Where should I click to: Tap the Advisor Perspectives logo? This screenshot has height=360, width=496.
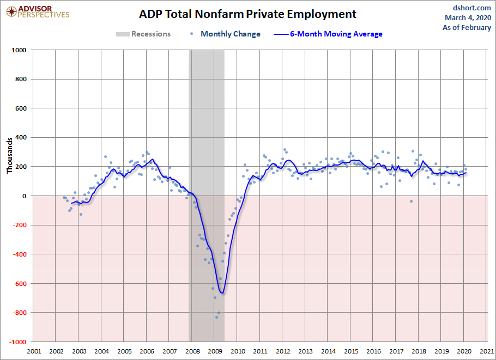38,11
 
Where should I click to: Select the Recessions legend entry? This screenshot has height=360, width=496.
143,34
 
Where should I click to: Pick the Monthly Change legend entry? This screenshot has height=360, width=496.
226,34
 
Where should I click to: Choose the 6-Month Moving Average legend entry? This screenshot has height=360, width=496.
330,34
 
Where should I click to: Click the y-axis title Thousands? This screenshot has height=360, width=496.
10,155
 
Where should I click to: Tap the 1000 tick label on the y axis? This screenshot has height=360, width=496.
19,50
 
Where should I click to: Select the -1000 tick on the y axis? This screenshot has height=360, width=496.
17,341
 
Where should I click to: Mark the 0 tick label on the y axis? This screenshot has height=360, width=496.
25,196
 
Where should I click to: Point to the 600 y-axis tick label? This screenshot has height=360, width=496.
21,108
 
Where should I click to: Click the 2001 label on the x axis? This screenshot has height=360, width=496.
33,351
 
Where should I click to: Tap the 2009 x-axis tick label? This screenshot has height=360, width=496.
215,351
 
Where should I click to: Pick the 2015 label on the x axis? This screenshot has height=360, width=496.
350,351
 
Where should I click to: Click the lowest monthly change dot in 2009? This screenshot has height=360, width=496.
216,317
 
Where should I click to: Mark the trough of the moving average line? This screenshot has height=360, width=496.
222,294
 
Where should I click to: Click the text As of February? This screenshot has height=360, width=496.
467,27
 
